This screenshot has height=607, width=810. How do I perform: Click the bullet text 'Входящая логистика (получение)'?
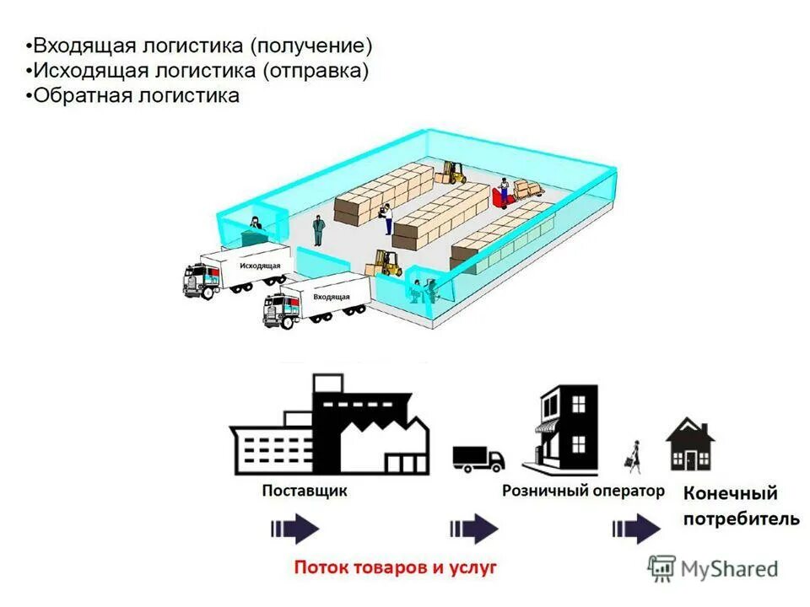199,45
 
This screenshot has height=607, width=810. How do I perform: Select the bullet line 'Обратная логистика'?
135,95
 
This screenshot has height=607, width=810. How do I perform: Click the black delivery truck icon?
478,458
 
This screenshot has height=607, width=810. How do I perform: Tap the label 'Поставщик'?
304,491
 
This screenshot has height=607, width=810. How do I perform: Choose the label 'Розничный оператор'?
583,491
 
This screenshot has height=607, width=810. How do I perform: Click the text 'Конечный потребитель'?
741,506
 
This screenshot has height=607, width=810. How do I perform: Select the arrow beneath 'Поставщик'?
294,529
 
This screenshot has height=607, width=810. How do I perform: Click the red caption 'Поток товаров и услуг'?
395,567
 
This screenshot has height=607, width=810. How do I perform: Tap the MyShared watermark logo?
713,568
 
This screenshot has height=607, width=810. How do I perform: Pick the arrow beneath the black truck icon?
473,529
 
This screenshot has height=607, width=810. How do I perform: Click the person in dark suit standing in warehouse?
317,229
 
